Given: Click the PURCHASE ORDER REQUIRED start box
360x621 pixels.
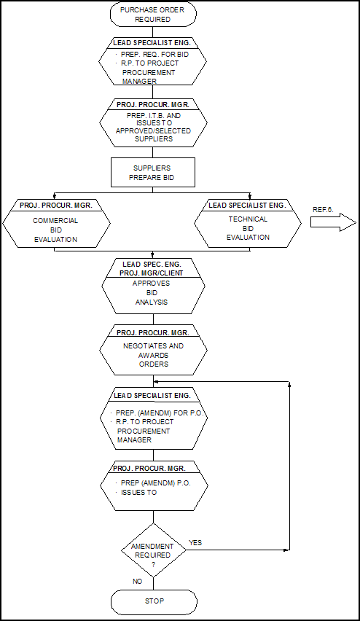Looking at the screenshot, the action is [152, 15].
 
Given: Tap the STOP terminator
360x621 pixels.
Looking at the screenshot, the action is [154, 601].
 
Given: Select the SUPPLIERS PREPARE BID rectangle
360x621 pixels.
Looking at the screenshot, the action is [153, 173].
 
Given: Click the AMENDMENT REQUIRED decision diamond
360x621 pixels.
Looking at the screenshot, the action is [153, 550].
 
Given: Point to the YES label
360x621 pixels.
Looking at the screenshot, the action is [195, 542].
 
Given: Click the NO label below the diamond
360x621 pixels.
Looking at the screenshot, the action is [138, 582].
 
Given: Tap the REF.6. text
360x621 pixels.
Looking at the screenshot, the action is [323, 210].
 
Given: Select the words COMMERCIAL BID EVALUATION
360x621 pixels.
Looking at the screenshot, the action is [55, 230].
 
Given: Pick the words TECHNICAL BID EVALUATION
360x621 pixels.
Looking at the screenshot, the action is [248, 228].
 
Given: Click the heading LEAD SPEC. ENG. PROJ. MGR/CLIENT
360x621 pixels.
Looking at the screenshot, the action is [152, 268].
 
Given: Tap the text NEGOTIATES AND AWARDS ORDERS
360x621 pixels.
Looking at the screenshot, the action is [153, 355].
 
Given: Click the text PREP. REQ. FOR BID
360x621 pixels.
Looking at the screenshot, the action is [154, 54].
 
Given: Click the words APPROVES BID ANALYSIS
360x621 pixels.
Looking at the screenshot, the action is [152, 293].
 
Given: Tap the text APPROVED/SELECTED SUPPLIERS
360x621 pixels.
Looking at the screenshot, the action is [153, 135].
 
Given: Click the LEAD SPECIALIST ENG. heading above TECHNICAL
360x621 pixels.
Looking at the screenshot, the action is [247, 205].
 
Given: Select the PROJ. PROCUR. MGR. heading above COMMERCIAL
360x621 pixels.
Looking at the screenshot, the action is [56, 205].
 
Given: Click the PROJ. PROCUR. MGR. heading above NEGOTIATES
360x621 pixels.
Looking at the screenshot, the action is [152, 332].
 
